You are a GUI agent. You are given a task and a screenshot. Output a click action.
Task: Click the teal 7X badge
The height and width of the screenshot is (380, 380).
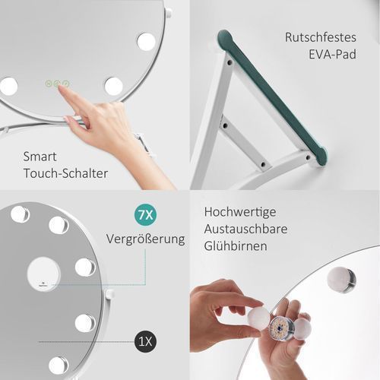pos(145,215)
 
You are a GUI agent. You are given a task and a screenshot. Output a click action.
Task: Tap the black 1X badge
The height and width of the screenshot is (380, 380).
pos(145,341)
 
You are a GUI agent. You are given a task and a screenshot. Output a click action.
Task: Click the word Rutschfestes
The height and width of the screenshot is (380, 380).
pos(321,37)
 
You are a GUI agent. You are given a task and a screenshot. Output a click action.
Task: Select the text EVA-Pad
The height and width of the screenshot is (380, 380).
pos(332,55)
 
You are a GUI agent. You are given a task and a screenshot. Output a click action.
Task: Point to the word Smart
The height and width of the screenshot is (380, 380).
pos(40,157)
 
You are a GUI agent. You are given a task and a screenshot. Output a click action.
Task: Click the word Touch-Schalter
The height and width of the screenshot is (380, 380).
pos(65,173)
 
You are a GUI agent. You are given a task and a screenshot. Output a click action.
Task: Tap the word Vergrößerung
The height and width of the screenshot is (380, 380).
pos(145,239)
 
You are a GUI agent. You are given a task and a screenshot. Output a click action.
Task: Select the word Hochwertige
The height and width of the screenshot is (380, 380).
pos(240,212)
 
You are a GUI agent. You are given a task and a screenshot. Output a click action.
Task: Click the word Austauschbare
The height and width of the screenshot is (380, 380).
pos(245,229)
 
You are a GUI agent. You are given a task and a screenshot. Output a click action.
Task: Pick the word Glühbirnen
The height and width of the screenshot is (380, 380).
pos(236,246)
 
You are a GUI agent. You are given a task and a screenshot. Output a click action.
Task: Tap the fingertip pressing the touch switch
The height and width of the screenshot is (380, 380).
pos(60,88)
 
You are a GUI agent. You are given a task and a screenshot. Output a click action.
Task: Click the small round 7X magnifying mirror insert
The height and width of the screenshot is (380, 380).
pos(43,274)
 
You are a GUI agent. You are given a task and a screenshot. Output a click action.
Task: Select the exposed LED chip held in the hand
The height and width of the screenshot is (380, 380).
pos(281,328)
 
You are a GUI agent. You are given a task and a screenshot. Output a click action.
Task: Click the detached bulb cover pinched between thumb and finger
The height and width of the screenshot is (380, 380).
pos(258,319)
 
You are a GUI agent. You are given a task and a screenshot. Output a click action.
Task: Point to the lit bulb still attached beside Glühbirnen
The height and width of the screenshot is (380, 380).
pos(341,280)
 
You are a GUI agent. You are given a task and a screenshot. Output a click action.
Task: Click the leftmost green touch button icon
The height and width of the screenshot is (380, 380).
pos(49,84)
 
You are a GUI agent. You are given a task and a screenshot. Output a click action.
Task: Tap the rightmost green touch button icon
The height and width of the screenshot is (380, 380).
pos(66,84)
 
